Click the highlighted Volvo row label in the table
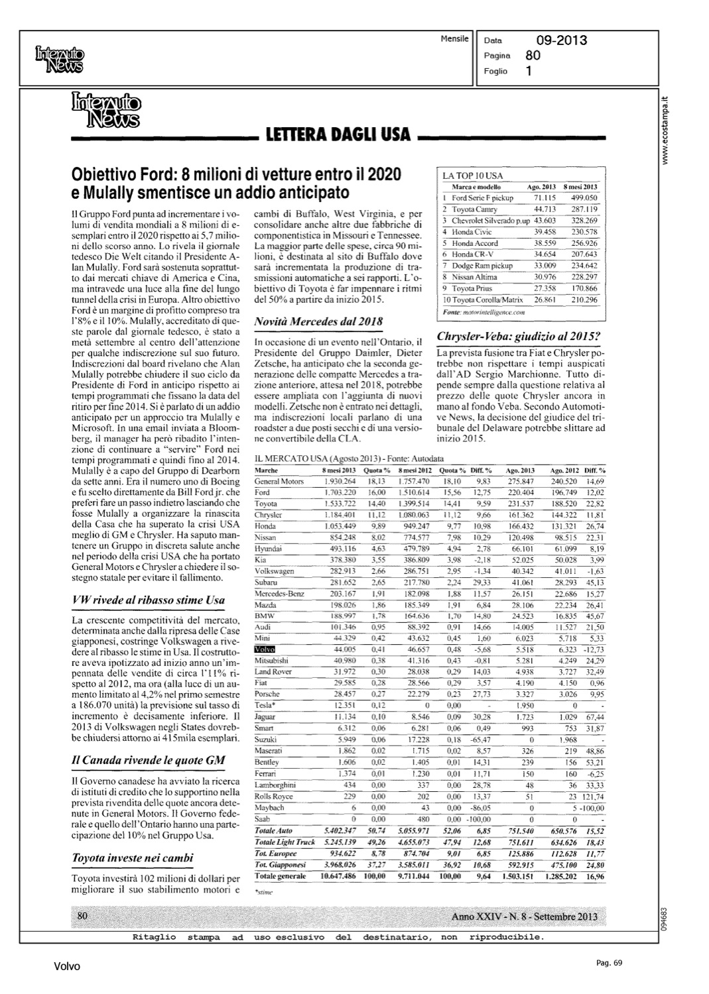(x=265, y=649)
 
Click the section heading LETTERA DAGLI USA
(x=338, y=136)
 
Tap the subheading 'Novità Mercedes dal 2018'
(x=318, y=322)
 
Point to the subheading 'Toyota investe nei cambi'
(x=132, y=858)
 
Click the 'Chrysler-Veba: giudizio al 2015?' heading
(x=519, y=336)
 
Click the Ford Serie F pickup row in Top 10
(x=482, y=197)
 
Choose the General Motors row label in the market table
(x=279, y=481)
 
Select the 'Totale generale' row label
(x=281, y=876)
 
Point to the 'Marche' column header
(x=266, y=470)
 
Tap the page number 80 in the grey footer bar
(x=83, y=916)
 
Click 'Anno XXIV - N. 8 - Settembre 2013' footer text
(x=524, y=916)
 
